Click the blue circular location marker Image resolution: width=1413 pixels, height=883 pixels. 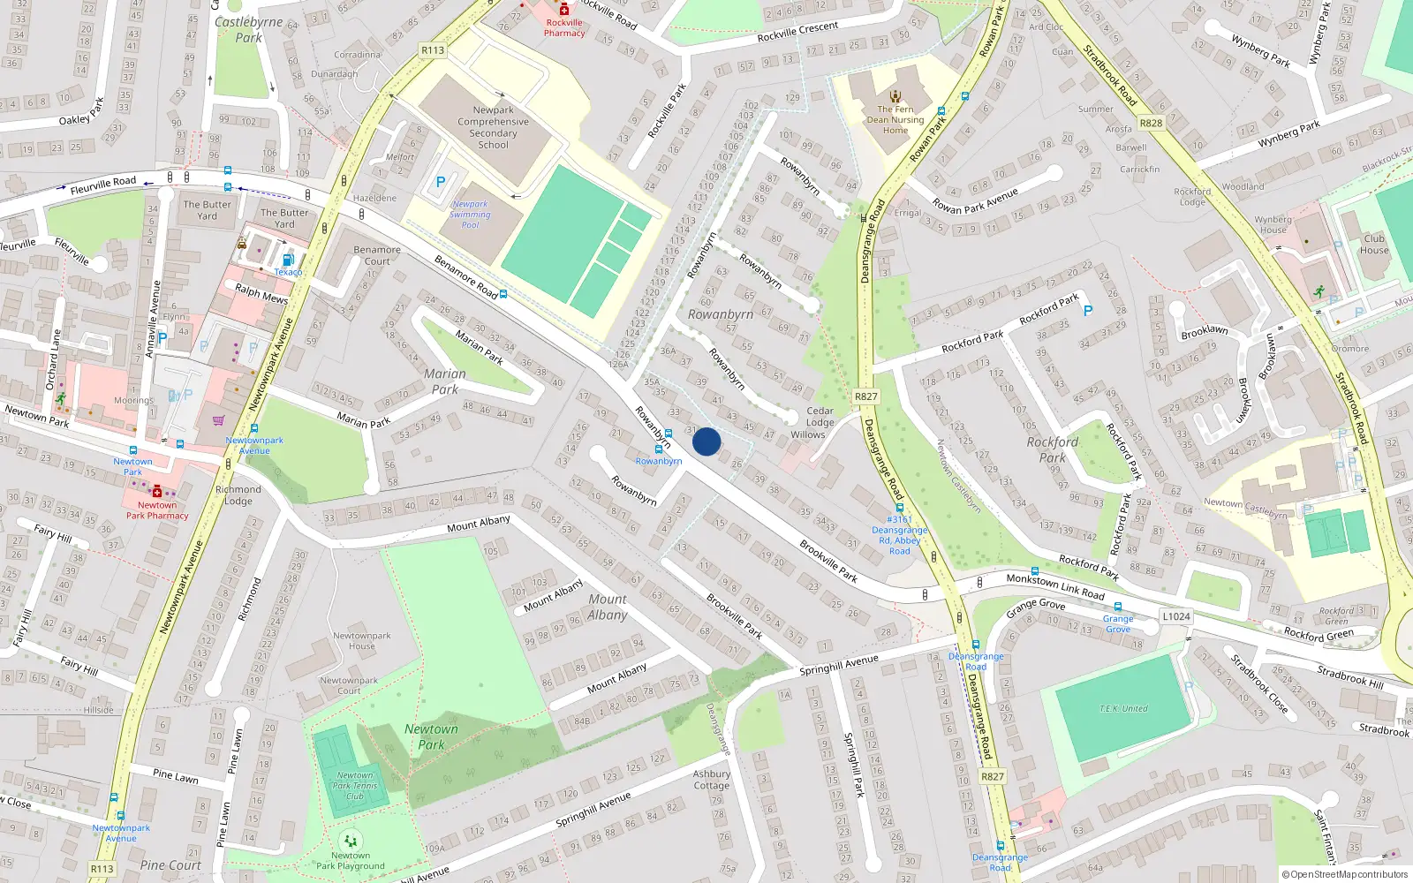coord(706,441)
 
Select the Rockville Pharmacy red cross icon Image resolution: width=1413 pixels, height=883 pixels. coord(564,10)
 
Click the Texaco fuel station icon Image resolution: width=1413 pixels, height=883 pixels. coord(288,260)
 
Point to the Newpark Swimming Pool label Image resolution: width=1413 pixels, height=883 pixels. coord(470,215)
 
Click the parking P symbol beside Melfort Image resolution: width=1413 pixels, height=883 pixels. coord(440,183)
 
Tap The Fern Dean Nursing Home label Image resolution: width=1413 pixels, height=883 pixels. coord(895,120)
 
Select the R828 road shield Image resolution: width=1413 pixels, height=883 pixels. coord(1152,124)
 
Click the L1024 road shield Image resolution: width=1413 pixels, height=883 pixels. coord(1176,616)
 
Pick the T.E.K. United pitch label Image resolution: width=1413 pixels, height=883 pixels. coord(1123,708)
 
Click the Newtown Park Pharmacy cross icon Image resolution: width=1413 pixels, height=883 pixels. coord(157,491)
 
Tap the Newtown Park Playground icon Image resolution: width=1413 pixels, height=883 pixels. coord(351,841)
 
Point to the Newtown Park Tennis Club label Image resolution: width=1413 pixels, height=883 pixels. coord(355,785)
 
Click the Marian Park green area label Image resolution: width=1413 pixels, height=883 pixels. coord(445,381)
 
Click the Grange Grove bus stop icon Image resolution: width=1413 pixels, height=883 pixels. coord(1118,607)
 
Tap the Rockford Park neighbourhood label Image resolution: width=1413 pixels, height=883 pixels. coord(1053,449)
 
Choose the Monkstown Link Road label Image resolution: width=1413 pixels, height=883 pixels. coord(1055,587)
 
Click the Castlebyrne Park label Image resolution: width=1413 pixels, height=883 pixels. coord(248,30)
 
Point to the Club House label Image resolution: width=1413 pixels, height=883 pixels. coord(1374,244)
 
